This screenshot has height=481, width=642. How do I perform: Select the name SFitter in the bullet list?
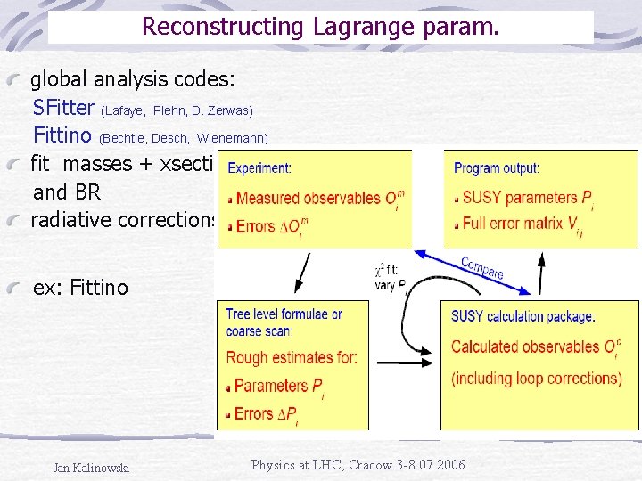pyautogui.click(x=63, y=109)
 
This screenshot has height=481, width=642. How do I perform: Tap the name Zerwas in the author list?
pyautogui.click(x=234, y=110)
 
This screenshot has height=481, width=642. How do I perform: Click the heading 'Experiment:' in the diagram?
pyautogui.click(x=259, y=167)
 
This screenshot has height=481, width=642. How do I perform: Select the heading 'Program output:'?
pyautogui.click(x=497, y=167)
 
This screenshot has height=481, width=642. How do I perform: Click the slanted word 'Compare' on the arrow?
pyautogui.click(x=482, y=268)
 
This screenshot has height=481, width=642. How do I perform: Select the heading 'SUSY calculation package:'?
pyautogui.click(x=523, y=316)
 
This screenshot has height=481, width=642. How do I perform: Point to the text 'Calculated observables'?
pyautogui.click(x=525, y=346)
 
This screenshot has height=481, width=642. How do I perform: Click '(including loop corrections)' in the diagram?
pyautogui.click(x=536, y=378)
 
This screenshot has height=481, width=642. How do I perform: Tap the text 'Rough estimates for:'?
pyautogui.click(x=292, y=358)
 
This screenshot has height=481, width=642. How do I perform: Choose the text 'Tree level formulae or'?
pyautogui.click(x=284, y=314)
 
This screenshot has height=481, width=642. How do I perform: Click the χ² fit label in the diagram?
pyautogui.click(x=391, y=268)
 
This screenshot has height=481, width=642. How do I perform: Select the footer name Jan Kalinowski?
pyautogui.click(x=91, y=468)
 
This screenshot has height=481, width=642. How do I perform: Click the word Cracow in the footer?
pyautogui.click(x=382, y=465)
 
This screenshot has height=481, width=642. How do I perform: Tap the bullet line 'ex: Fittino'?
pyautogui.click(x=80, y=288)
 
